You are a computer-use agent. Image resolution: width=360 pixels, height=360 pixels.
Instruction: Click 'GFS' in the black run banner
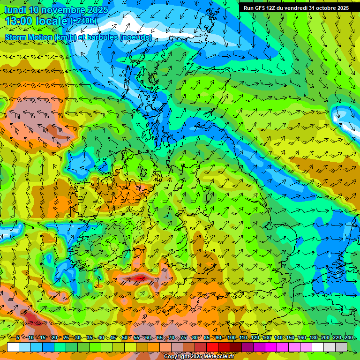(x=262, y=8)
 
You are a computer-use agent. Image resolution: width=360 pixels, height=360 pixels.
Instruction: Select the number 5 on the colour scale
(x=18, y=337)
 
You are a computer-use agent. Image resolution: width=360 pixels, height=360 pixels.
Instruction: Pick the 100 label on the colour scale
(x=232, y=337)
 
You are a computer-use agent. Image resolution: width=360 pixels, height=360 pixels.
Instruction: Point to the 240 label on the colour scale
(x=349, y=337)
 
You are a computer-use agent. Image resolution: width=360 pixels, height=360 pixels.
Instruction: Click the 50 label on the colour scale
(x=125, y=337)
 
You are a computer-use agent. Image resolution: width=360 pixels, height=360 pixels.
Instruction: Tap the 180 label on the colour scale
(x=314, y=337)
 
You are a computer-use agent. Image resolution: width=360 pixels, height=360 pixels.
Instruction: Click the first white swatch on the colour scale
(x=13, y=347)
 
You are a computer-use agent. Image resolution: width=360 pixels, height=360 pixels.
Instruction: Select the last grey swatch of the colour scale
(x=341, y=347)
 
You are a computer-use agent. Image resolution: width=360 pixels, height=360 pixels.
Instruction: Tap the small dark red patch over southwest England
(x=139, y=278)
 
